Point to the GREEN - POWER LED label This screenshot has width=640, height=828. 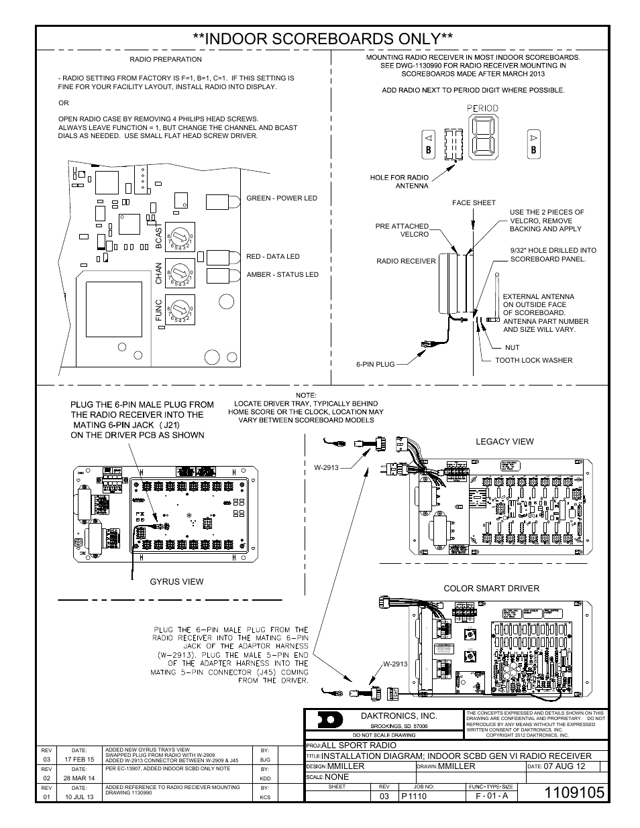(282, 198)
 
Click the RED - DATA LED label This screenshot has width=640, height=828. (273, 257)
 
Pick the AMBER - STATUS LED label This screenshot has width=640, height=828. (282, 275)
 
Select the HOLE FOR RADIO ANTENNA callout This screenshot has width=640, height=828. (399, 182)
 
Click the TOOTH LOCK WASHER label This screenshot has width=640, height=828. (534, 361)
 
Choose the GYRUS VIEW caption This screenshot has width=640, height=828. (176, 581)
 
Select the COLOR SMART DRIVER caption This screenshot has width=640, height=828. (491, 589)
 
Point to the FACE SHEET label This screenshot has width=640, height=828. (474, 202)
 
